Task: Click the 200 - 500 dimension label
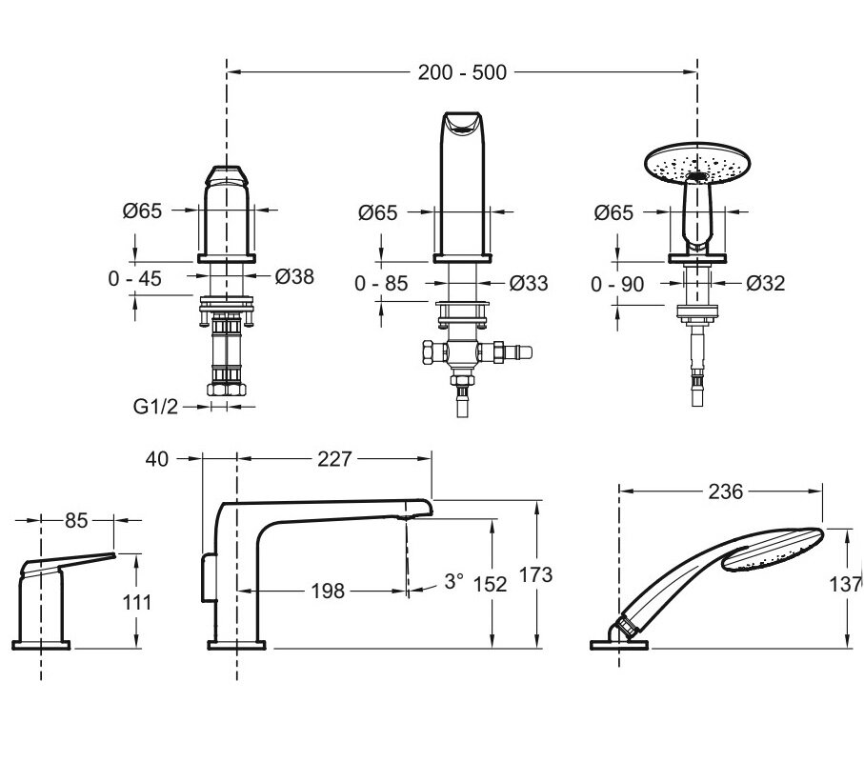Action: point(462,72)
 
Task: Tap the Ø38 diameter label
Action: point(294,276)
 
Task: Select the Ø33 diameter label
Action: point(529,283)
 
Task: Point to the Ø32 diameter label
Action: point(765,283)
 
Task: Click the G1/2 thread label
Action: point(155,407)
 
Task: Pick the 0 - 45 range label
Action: point(134,279)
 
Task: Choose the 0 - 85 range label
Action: point(381,284)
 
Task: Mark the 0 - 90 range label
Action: point(617,284)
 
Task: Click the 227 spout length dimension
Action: point(334,458)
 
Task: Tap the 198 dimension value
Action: point(328,592)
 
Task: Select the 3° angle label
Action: point(453,581)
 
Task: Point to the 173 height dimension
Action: point(535,574)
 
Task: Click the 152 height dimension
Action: point(490,584)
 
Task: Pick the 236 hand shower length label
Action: point(726,491)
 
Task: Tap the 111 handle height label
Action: point(136,602)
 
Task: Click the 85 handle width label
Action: point(76,520)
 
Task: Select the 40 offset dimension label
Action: point(156,458)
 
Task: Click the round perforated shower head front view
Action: point(698,164)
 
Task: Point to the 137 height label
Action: point(846,584)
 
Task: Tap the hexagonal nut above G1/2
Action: point(227,389)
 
